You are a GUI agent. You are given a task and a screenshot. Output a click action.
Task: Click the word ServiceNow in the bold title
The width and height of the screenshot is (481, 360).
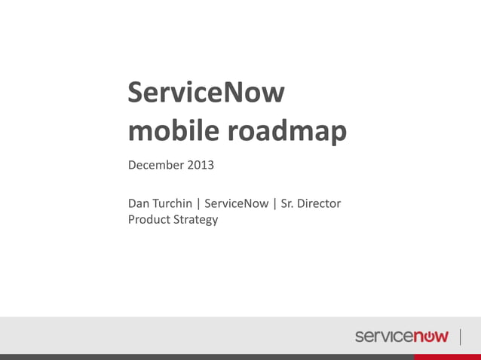[206, 93]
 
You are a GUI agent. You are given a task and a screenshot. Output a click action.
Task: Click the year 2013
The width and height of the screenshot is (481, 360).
[203, 164]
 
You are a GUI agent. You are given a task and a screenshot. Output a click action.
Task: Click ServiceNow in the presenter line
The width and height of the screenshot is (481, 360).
[236, 203]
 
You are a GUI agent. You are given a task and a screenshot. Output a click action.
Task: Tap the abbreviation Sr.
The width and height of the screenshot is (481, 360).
[287, 203]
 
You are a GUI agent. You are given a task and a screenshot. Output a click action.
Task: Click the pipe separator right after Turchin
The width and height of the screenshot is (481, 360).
[198, 203]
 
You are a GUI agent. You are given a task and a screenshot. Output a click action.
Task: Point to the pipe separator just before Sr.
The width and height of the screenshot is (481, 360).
[274, 203]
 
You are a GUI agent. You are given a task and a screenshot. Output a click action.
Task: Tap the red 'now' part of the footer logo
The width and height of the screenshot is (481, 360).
[430, 337]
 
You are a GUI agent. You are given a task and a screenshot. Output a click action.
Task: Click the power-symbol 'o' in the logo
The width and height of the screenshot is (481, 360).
[430, 337]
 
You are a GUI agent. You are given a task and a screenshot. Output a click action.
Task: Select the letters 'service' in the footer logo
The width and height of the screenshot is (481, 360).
[384, 337]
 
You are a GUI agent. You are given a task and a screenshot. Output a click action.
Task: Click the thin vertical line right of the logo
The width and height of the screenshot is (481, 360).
[460, 336]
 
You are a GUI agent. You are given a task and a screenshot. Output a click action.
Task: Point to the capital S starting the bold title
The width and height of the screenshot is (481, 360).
[136, 93]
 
